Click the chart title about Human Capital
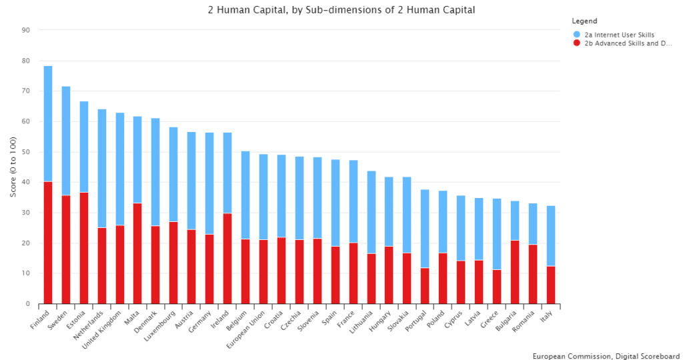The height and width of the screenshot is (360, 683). [x=341, y=9]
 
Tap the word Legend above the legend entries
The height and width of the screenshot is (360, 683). [x=585, y=21]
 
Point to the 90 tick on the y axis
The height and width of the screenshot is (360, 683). [x=26, y=30]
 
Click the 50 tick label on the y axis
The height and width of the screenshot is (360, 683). [x=26, y=152]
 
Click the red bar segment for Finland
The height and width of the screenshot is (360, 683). [x=48, y=243]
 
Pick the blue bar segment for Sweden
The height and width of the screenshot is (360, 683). [x=66, y=141]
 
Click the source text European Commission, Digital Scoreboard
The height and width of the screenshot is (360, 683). [x=606, y=355]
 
